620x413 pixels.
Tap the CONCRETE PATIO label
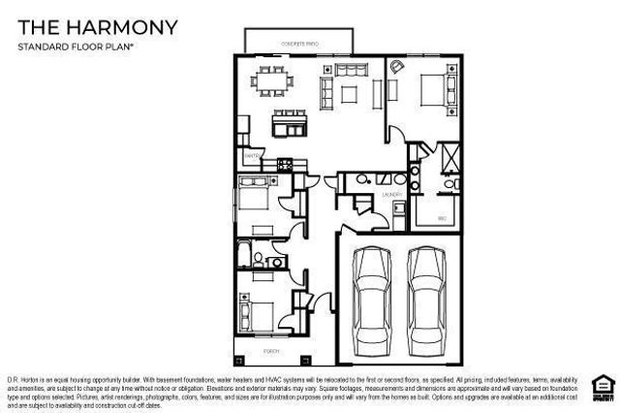pos(299,44)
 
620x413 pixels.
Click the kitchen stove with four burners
pos(287,163)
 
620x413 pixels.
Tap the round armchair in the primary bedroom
pos(396,67)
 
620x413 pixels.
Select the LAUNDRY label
pos(391,195)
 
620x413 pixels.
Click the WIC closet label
pos(441,218)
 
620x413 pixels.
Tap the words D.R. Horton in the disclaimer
pos(23,378)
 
